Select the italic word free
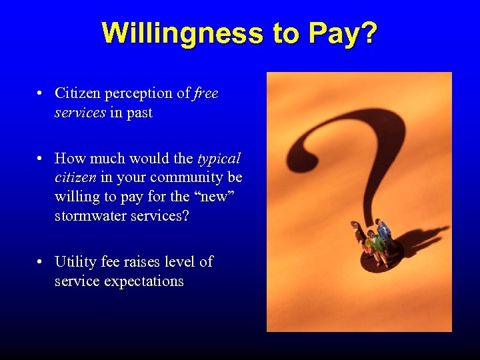coord(206,93)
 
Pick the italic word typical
coord(219,159)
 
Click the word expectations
coord(142,281)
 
